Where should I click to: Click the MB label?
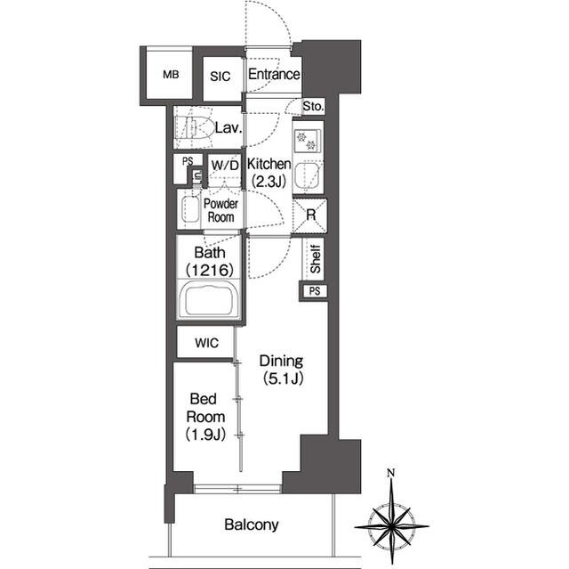[171, 75]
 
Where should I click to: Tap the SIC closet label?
[220, 77]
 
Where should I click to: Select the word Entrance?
[274, 74]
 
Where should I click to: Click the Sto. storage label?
[313, 106]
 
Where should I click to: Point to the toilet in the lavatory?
[194, 127]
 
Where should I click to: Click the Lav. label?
[228, 128]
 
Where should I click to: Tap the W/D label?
[225, 166]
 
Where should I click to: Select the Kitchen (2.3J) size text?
[268, 181]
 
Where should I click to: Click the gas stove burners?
[306, 141]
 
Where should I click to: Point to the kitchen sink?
[306, 175]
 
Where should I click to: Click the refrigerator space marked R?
[310, 215]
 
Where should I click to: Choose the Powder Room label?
[220, 211]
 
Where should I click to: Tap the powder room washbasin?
[190, 209]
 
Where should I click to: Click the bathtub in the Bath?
[210, 298]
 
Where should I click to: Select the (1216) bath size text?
[210, 270]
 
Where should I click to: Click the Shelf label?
[315, 259]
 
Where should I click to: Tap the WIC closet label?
[206, 343]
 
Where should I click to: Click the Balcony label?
[252, 524]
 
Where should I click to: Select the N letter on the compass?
[390, 473]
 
